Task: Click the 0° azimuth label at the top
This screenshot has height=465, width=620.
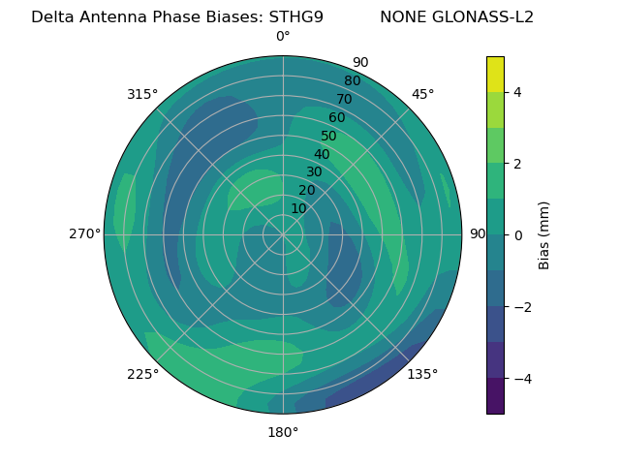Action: click(x=283, y=37)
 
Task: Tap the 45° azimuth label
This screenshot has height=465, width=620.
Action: click(x=422, y=94)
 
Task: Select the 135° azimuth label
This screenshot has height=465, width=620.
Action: click(x=422, y=374)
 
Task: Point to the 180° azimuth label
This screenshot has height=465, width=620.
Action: click(x=283, y=432)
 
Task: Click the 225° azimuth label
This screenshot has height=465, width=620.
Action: click(x=142, y=374)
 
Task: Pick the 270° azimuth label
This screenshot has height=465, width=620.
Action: click(x=84, y=234)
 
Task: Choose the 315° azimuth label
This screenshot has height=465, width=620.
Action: click(x=142, y=94)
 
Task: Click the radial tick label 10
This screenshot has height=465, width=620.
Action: click(x=298, y=208)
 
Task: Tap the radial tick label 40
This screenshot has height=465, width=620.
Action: click(x=322, y=154)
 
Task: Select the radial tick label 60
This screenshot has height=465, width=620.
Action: click(x=336, y=118)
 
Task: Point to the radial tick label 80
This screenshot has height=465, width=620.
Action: click(x=352, y=81)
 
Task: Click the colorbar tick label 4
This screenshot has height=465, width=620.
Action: click(x=517, y=92)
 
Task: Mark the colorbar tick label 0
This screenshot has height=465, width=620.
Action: click(x=517, y=235)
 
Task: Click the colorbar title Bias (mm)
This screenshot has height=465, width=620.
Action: click(x=544, y=235)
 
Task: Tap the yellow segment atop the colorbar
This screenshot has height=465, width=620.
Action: click(x=495, y=74)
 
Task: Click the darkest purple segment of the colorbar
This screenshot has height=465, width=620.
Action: click(x=495, y=396)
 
